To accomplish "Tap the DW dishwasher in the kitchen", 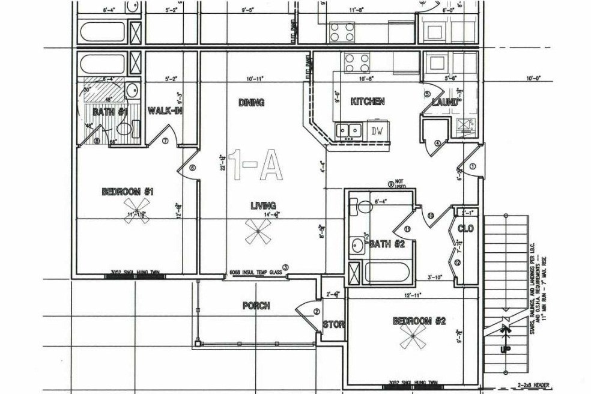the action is [x=377, y=131].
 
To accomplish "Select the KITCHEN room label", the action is [x=368, y=102].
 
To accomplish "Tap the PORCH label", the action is [x=256, y=306].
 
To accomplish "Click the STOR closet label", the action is [x=334, y=325].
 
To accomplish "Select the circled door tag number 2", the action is [x=317, y=311].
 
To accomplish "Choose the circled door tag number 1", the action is [x=472, y=166].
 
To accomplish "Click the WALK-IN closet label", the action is [x=165, y=111].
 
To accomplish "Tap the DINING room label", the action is [x=251, y=103].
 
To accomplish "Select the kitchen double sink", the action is [x=348, y=130].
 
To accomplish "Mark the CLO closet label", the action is [x=466, y=229].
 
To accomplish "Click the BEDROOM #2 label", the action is [x=419, y=321].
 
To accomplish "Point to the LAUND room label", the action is [x=445, y=103].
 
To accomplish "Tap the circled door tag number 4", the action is [x=438, y=142].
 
